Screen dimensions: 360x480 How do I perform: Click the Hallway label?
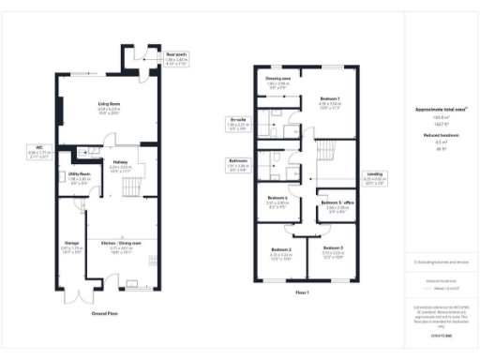(120, 161)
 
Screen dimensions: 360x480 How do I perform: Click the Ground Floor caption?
(106, 313)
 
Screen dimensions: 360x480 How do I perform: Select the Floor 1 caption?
(302, 292)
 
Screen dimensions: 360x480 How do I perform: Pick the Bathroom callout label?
(238, 160)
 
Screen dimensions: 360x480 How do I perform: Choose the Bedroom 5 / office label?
(335, 203)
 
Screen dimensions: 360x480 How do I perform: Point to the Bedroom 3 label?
(335, 248)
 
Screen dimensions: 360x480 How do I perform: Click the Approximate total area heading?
(435, 110)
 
